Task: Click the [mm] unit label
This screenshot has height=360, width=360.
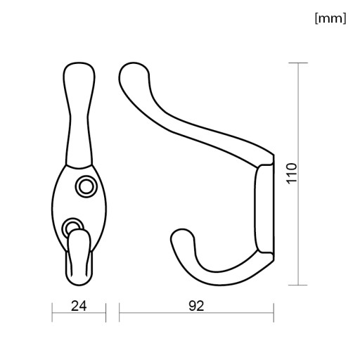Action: click(330, 18)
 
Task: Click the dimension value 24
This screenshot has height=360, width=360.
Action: click(79, 306)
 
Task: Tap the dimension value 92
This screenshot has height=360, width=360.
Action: click(196, 306)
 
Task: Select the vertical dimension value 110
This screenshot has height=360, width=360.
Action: click(292, 174)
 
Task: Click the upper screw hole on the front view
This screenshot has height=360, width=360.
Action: click(86, 186)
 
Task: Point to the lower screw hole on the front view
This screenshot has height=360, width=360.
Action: click(72, 225)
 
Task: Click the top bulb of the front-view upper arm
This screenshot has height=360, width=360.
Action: click(79, 72)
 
